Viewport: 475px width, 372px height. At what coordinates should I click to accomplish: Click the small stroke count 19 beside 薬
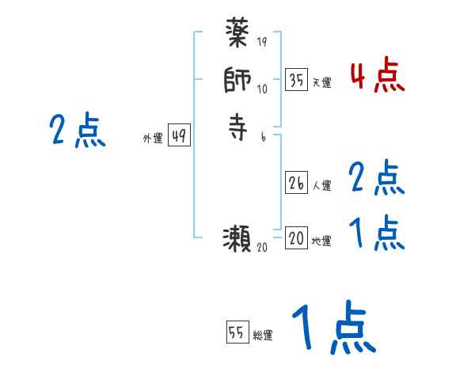coord(262,43)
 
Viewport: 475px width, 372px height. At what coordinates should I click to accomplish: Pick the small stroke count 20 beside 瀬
coord(263,248)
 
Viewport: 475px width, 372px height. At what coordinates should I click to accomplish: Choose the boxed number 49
coord(179,136)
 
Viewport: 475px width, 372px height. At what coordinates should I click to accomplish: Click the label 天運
coord(321,82)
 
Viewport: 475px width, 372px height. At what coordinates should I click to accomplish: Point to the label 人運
coord(321,186)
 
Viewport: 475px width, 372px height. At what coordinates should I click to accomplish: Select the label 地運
coord(321,241)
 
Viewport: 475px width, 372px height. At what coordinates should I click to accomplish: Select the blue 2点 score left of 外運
coord(78,131)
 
